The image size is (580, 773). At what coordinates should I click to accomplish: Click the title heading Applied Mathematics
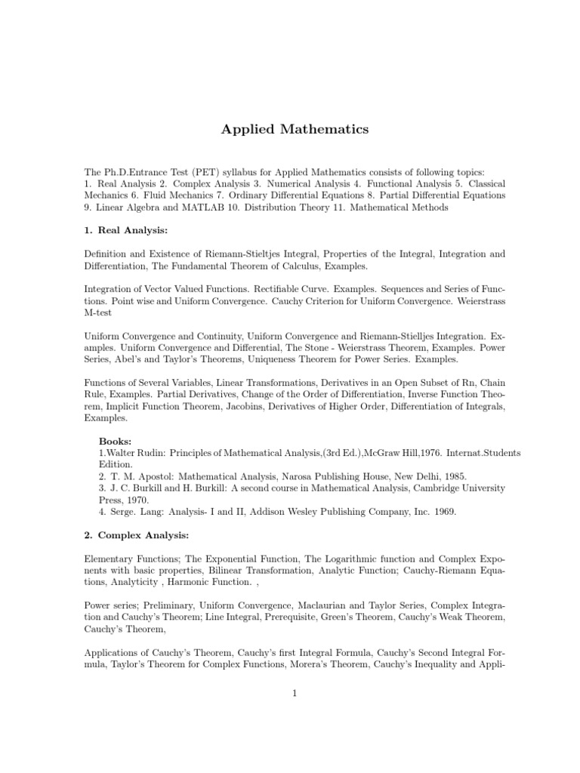point(295,130)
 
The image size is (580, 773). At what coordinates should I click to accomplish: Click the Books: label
point(116,440)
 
